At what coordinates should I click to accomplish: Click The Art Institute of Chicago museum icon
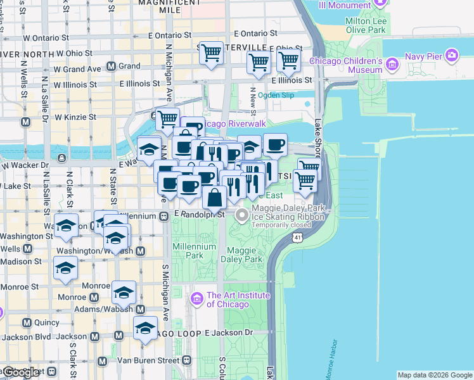(x=197, y=298)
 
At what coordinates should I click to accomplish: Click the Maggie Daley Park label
(x=241, y=255)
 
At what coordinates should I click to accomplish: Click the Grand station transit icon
(x=111, y=66)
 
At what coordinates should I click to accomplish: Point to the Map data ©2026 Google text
(x=435, y=375)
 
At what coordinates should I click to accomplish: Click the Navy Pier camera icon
(x=452, y=55)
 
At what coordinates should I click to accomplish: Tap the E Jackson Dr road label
(x=228, y=332)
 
